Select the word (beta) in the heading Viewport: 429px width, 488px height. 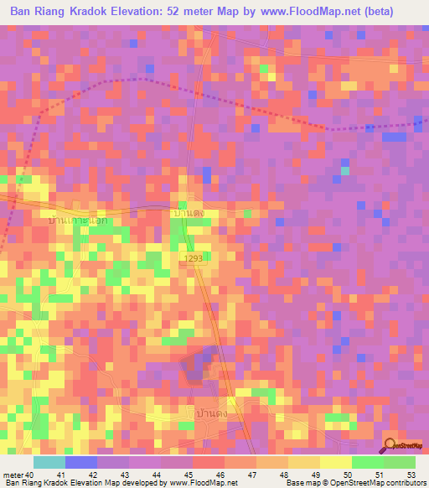tap(397, 13)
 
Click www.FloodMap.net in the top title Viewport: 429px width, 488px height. tap(323, 13)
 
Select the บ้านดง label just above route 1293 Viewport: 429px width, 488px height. tap(189, 215)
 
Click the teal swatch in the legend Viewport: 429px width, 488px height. tap(49, 462)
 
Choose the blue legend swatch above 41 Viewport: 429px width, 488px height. tap(81, 462)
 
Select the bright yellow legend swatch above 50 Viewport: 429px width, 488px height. tap(335, 462)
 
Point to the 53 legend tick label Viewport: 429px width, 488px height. tap(410, 475)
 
